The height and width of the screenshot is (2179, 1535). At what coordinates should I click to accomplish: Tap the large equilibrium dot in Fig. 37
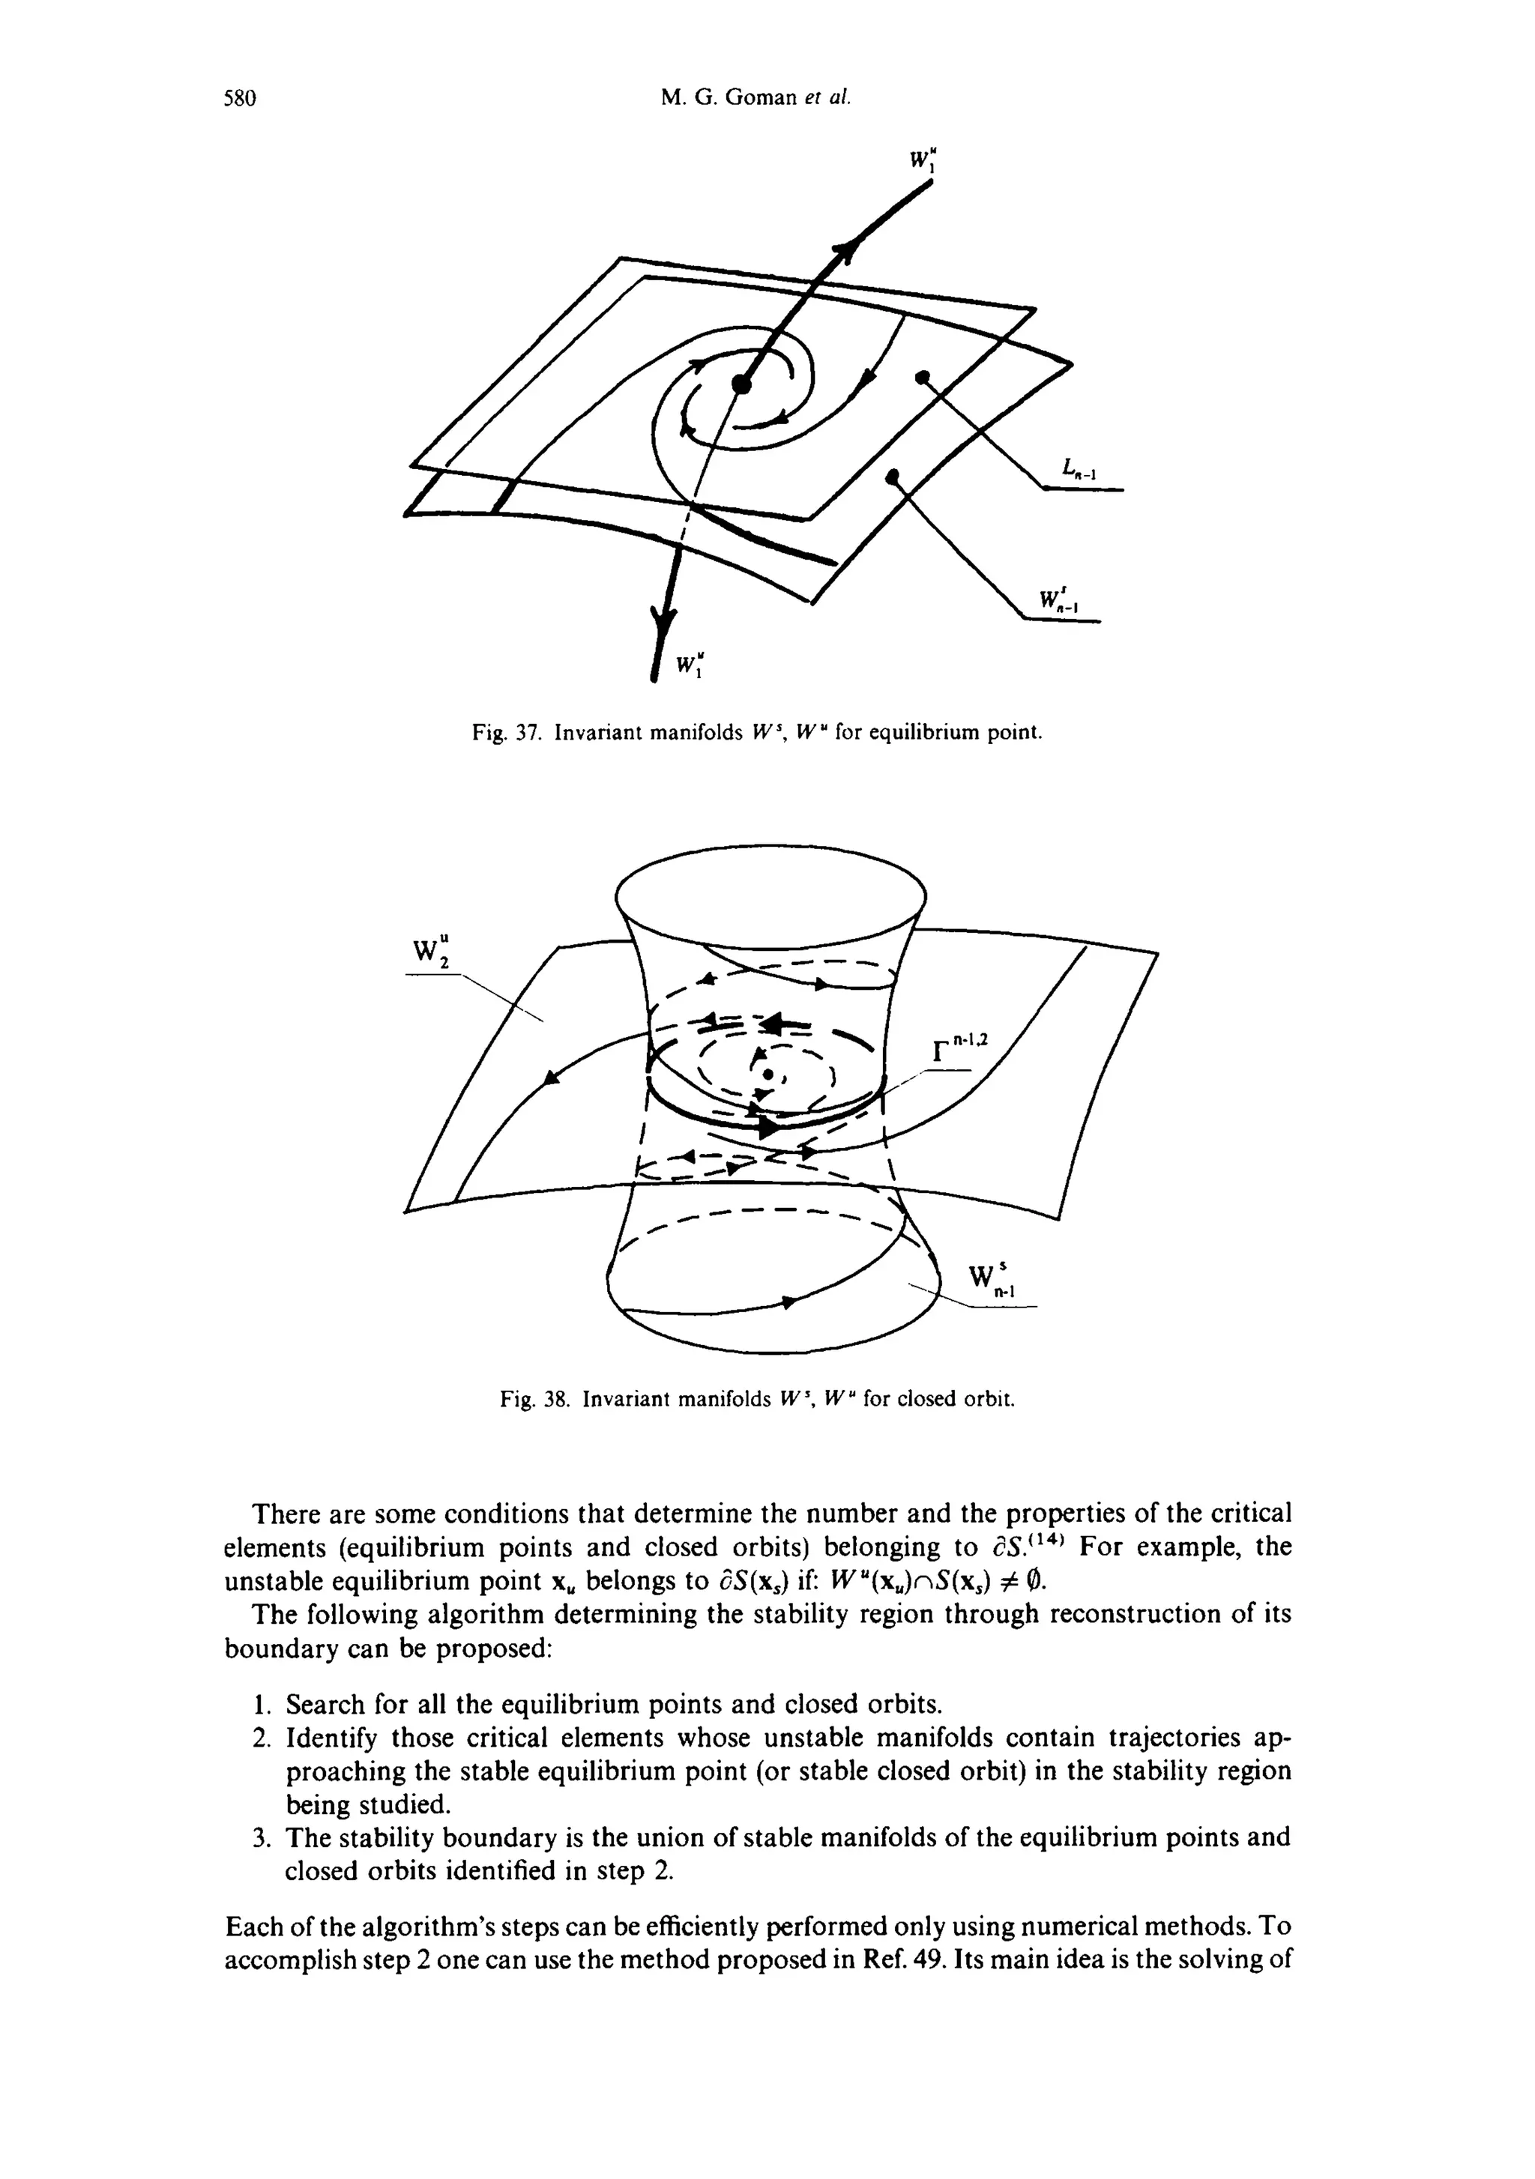[x=741, y=384]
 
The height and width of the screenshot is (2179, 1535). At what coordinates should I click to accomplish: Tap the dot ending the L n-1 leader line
[x=920, y=378]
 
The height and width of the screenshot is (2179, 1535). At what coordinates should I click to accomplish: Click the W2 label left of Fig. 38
[x=431, y=953]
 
